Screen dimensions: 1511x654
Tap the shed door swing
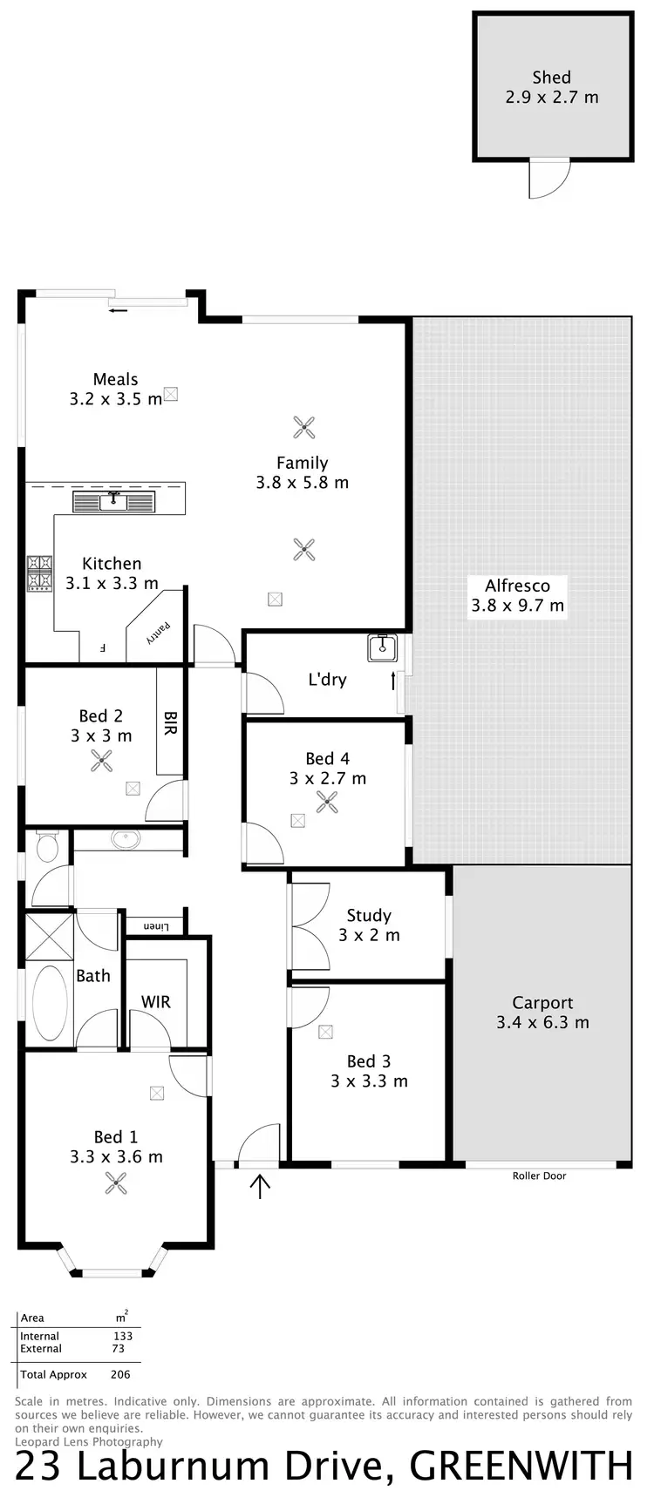click(x=548, y=180)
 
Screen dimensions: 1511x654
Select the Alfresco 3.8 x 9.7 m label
click(x=517, y=595)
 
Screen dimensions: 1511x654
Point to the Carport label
click(x=542, y=1013)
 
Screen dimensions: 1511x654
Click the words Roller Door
click(x=539, y=1176)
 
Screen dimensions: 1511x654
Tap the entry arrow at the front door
click(x=260, y=1185)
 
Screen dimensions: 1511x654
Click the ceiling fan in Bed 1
click(x=116, y=1182)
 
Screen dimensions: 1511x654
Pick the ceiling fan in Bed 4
click(x=327, y=802)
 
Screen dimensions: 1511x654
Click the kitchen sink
click(x=113, y=502)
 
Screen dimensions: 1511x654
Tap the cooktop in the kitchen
click(x=39, y=574)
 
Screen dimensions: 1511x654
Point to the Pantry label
click(x=160, y=630)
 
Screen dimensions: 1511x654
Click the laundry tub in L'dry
click(x=382, y=647)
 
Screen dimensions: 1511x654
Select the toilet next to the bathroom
click(x=47, y=845)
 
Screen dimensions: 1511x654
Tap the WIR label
click(x=156, y=1002)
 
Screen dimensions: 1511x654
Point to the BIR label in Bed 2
click(x=170, y=722)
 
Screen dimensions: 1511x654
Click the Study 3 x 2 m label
click(x=369, y=925)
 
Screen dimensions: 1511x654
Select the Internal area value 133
click(x=123, y=1336)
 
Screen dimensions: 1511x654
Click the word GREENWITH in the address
click(x=521, y=1467)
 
